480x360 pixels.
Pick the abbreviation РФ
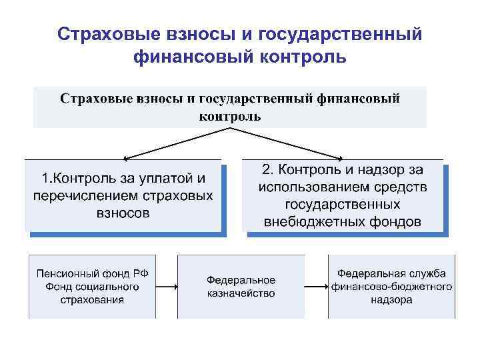point(158,273)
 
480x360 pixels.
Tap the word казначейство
point(241,293)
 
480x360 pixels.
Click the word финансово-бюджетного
point(392,287)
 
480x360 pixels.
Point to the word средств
point(403,187)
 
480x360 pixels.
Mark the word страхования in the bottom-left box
point(95,300)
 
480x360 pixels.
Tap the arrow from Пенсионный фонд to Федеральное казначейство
point(173,287)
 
